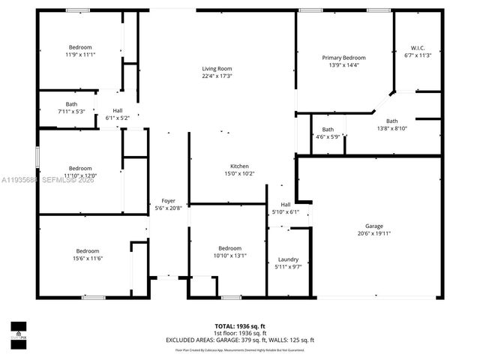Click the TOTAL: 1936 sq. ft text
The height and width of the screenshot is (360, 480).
(240, 326)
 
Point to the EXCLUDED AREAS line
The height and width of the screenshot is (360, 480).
(240, 340)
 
